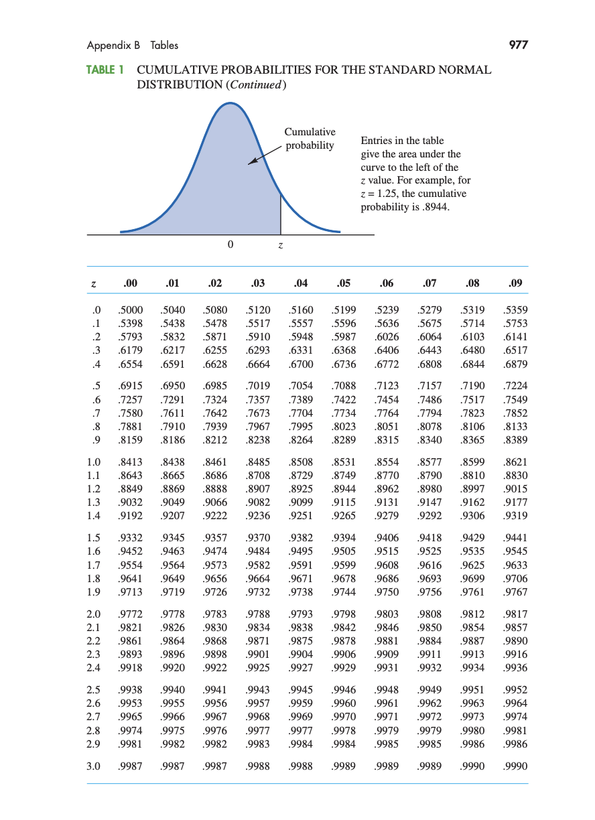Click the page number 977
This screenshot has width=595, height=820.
point(518,46)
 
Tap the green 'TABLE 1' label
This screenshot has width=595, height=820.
point(106,70)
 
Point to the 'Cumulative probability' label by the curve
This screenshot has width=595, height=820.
point(310,139)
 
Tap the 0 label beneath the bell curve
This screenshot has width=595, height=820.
point(230,245)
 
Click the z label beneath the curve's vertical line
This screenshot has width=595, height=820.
point(281,246)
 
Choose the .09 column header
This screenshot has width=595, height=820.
point(515,283)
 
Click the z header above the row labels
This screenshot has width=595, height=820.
point(93,283)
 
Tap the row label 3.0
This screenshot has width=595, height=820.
point(93,766)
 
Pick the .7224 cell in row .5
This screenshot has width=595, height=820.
point(515,387)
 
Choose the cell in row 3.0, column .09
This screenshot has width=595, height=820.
point(515,766)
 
